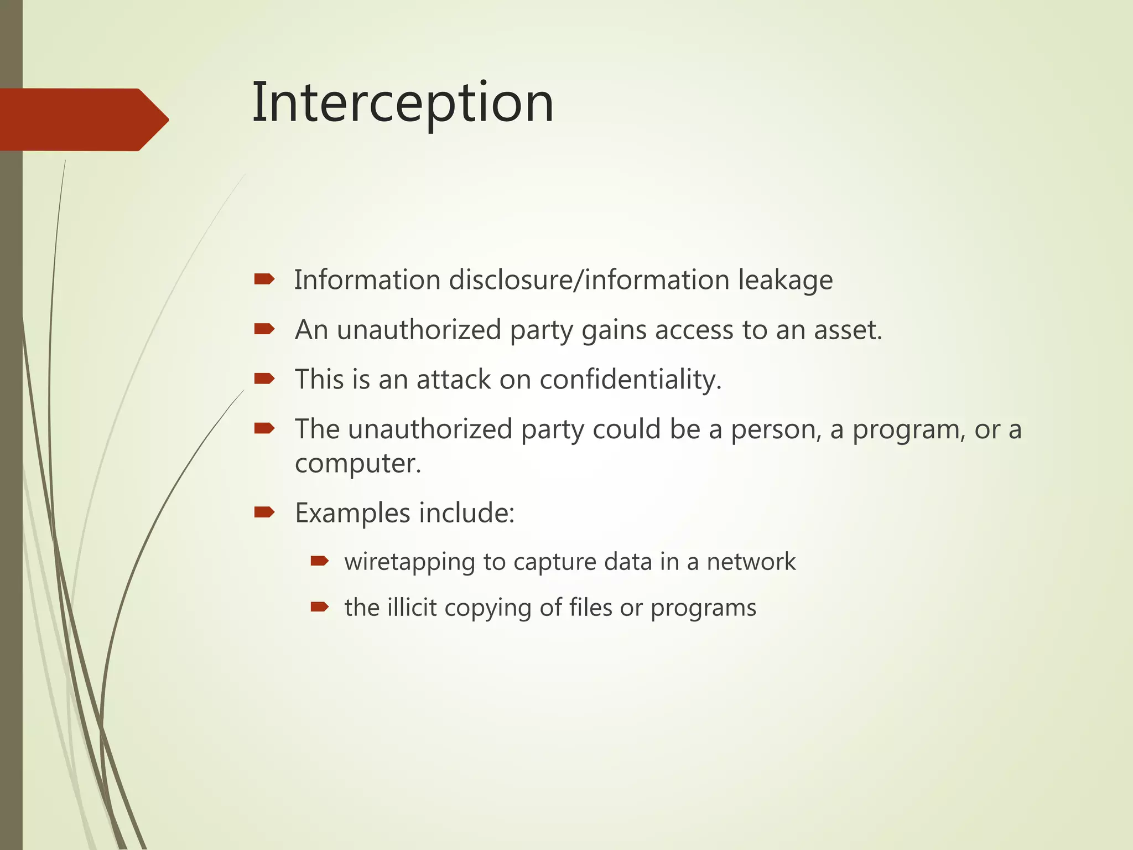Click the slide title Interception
[x=403, y=103]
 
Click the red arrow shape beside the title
[x=83, y=120]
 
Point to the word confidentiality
[x=630, y=380]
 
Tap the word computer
[x=357, y=464]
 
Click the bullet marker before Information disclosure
[x=264, y=279]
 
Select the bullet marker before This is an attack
[x=264, y=379]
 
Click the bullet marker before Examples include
[x=264, y=512]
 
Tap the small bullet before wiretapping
[x=320, y=562]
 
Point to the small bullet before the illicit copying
[x=320, y=608]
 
